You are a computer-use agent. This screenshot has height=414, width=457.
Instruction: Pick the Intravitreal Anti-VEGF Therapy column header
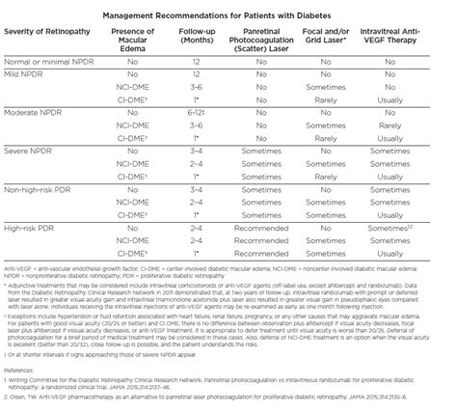416,41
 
